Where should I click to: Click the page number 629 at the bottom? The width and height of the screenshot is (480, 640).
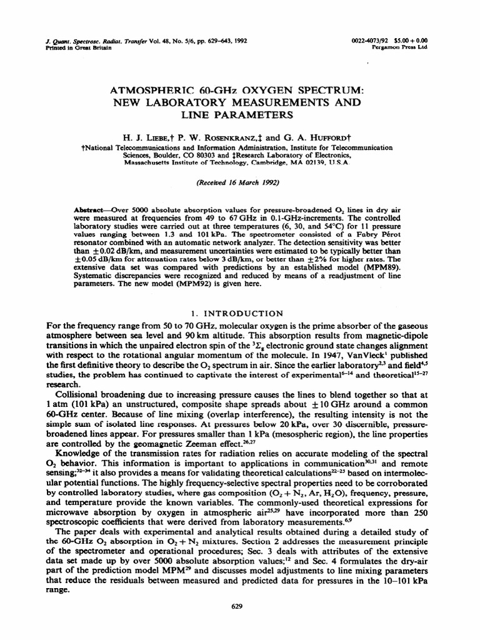click(x=236, y=606)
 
